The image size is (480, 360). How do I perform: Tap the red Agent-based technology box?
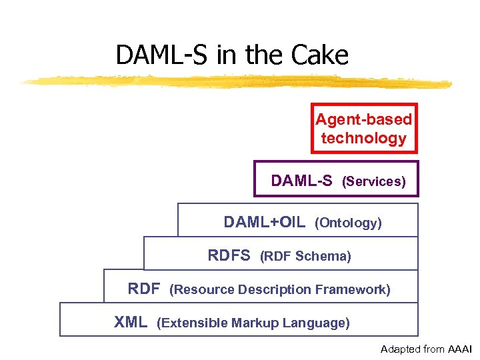364,128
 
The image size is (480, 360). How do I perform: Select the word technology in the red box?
363,138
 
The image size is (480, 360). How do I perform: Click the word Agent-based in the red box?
363,119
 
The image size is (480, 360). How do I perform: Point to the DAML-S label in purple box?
301,181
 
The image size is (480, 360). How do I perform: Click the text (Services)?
373,181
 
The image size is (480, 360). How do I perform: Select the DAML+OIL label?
265,222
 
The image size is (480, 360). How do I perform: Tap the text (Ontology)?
348,223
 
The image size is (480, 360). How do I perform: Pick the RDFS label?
229,255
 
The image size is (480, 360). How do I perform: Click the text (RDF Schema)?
305,256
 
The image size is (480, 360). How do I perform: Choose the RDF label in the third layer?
144,289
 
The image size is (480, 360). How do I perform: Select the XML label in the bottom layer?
131,323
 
